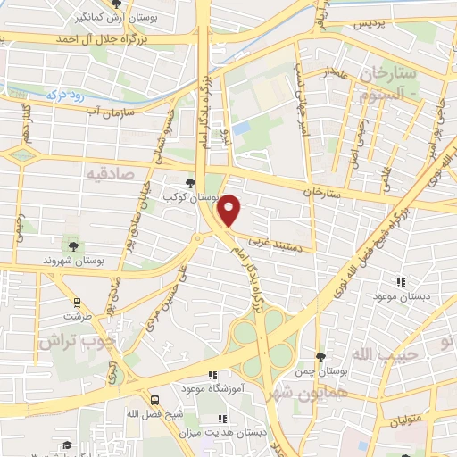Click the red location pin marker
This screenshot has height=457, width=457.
tap(230, 210)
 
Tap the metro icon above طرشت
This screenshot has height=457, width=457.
tap(78, 302)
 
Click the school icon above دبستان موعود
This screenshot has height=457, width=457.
tap(400, 282)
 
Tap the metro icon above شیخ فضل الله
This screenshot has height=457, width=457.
tap(155, 400)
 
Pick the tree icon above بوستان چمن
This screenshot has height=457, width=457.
tap(332, 356)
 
